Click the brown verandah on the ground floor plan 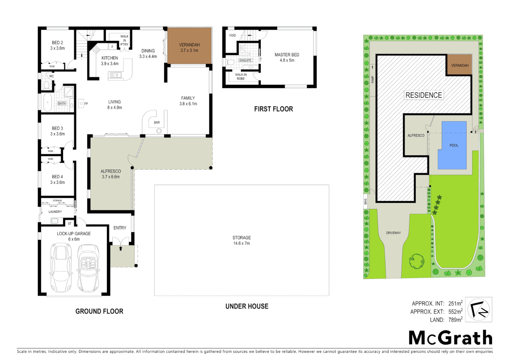[189, 46]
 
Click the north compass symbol [478, 310]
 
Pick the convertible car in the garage [88, 268]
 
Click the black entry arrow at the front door [121, 248]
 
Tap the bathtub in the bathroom [47, 103]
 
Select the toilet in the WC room [46, 85]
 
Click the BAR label [157, 122]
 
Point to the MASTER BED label [286, 55]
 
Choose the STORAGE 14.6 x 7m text [242, 240]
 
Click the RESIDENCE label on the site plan [423, 95]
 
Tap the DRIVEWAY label [393, 233]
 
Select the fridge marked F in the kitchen [113, 47]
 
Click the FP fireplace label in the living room [86, 104]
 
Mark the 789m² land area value [455, 320]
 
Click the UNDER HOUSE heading [247, 306]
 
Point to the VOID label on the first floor [232, 35]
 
